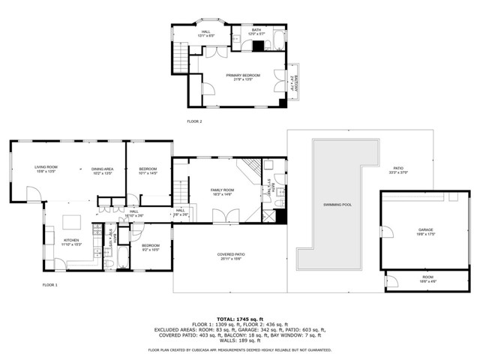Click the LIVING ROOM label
pos(46,169)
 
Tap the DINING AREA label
pos(102,171)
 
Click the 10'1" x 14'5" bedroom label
pos(148,171)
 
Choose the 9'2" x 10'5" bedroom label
pos(151,247)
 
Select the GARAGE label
pos(426,232)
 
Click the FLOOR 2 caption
pos(194,121)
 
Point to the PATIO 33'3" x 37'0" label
pos(397,170)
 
